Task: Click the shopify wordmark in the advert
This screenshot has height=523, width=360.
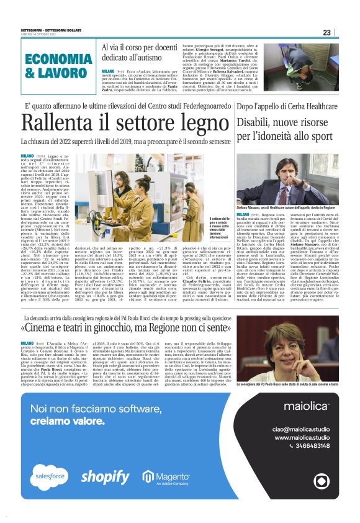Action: coord(105,476)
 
